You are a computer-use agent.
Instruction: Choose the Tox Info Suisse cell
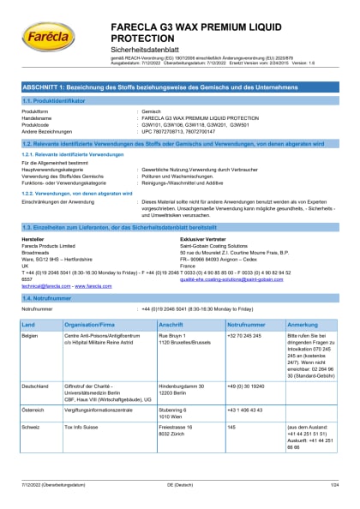pos(83,449)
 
